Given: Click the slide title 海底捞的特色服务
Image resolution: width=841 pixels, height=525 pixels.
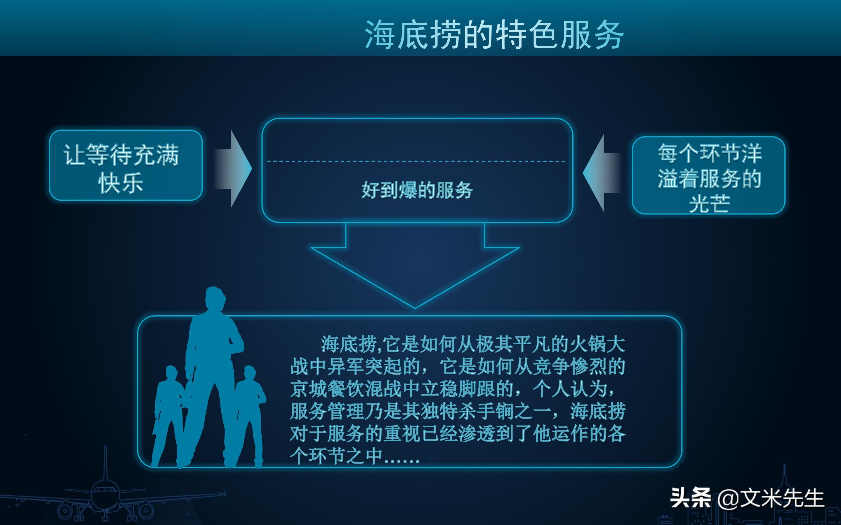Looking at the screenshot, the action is [x=494, y=35].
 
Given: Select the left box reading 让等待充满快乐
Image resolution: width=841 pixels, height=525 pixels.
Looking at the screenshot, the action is [x=126, y=165].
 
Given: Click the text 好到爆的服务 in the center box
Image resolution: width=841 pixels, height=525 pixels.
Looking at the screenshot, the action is [x=417, y=190].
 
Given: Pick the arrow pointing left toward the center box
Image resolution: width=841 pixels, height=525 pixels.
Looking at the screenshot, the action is [x=602, y=173].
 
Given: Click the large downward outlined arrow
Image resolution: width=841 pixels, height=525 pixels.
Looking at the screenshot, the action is [x=415, y=266].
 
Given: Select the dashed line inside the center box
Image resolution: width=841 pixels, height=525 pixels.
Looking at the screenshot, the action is [x=416, y=161].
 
